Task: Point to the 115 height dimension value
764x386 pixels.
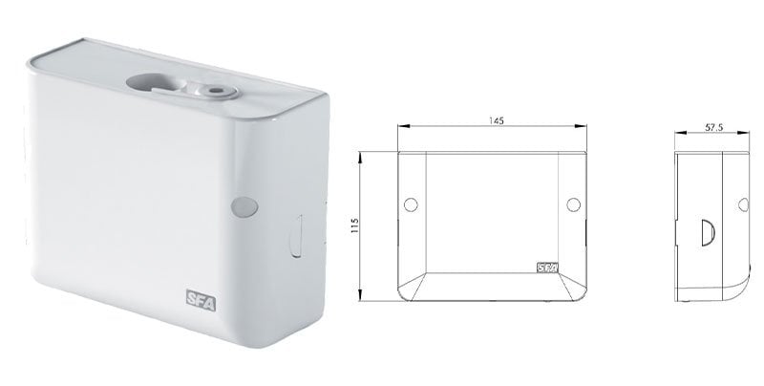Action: coord(352,224)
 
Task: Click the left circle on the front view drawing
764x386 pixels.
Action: coord(412,204)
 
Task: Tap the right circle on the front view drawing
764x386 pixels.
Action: coord(574,204)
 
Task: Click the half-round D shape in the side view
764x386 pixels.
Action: coord(710,231)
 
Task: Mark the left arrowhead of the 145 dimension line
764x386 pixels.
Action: coord(400,127)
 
